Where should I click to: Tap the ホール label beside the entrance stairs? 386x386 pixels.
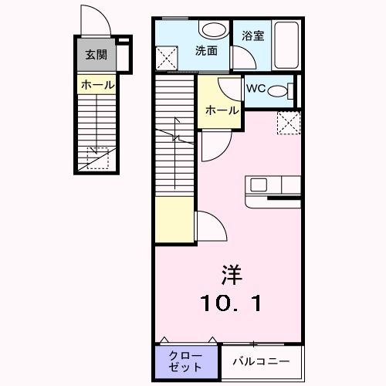click(96, 85)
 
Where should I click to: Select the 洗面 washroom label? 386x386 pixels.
click(205, 51)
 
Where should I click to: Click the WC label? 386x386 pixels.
click(256, 88)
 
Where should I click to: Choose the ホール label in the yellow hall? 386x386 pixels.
click(221, 110)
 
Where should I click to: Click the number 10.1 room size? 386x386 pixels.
click(232, 303)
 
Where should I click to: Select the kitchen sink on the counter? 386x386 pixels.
click(258, 185)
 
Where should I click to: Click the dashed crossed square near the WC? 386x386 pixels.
click(288, 123)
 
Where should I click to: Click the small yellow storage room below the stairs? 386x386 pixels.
click(173, 220)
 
